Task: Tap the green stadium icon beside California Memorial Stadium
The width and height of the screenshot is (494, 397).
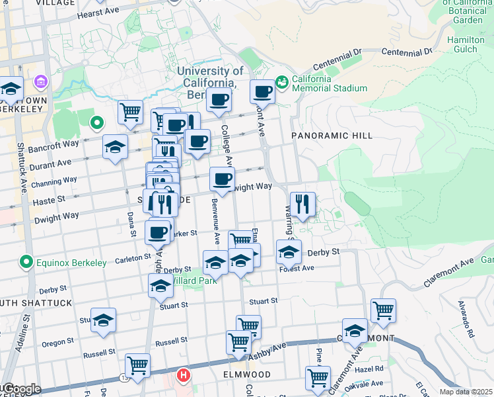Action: (282, 81)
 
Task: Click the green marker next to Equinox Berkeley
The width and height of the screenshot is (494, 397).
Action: (26, 263)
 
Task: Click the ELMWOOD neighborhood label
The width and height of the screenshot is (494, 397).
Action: (246, 375)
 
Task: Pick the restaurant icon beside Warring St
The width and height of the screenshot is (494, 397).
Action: (302, 204)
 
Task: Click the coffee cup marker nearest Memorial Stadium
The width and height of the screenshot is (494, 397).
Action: (262, 91)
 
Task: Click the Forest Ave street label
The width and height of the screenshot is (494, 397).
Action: (297, 269)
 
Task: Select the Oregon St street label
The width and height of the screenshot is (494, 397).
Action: (57, 343)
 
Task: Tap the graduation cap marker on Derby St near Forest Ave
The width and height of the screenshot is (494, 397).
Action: (289, 252)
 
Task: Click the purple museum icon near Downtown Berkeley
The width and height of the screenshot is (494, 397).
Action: (42, 83)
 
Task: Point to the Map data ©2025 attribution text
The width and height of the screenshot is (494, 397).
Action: (466, 392)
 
